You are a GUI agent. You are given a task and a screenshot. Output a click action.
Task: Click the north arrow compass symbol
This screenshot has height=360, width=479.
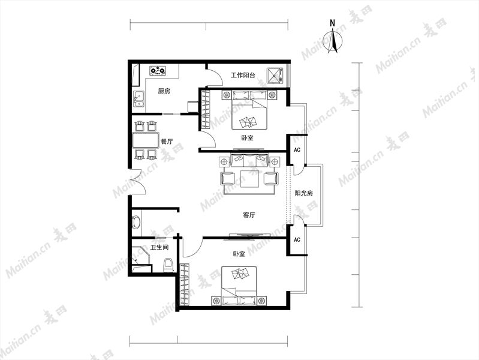pos(335,41)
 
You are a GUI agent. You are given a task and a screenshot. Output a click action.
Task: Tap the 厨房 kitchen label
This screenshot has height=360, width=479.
pos(164,91)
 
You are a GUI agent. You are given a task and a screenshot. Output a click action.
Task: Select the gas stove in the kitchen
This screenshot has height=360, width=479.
pos(158,71)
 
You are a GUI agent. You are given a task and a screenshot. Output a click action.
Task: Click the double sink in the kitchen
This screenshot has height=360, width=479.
pos(138,99)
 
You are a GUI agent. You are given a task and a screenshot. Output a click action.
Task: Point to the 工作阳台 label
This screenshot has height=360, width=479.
pos(243,75)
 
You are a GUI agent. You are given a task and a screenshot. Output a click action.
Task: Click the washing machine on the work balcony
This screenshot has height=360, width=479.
pos(275,75)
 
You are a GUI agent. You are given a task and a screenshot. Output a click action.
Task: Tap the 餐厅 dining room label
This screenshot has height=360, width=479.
pos(167,142)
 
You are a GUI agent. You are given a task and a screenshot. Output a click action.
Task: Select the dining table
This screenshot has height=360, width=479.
pos(146,140)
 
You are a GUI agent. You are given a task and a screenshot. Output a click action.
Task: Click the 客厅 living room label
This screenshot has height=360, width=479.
pos(249,215)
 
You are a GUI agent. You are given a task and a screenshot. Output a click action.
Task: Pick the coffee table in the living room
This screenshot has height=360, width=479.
pos(249,179)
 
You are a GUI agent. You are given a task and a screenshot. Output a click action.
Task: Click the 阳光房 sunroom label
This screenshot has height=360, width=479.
pos(304,193)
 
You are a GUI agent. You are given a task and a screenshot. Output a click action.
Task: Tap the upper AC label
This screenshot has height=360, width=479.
pos(297,150)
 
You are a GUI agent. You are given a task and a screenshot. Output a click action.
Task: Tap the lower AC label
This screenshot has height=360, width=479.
pos(297,239)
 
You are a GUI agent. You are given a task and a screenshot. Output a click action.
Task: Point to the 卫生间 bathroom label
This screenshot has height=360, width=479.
pos(159,247)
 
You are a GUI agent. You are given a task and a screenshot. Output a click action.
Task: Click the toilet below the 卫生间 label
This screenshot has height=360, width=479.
pos(168,265)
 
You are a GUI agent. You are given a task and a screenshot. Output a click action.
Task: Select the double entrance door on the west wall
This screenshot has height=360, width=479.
pos(137,182)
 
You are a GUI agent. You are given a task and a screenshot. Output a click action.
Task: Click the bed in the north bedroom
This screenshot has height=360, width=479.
pos(249,110)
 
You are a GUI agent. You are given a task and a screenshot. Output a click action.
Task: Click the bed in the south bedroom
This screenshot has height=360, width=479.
pos(239,286)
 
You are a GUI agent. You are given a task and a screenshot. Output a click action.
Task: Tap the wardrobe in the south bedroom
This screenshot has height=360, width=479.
pos(185,284)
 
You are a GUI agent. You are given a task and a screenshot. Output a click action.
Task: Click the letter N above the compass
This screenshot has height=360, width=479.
pos(332,23)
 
